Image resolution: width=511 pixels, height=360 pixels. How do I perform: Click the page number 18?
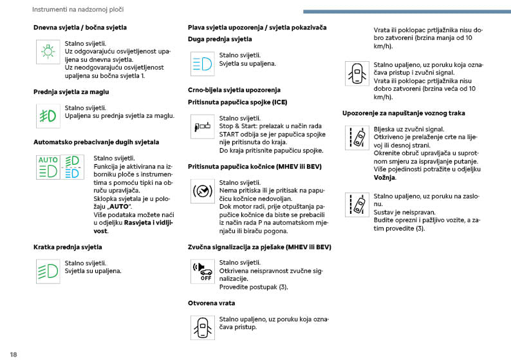coord(13,354)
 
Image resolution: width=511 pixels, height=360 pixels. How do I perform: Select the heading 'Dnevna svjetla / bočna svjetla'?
coord(80,28)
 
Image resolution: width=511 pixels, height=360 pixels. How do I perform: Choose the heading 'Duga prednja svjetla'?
coord(219,39)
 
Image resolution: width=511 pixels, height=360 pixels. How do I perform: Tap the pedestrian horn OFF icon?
coord(201,270)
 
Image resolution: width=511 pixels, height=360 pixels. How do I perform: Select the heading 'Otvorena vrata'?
coord(211,303)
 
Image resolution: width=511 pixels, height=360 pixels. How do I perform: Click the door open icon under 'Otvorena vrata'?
coord(201,327)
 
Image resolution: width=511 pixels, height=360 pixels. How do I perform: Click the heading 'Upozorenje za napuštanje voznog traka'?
coord(404,113)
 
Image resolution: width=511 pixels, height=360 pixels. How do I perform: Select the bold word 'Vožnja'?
coord(384,178)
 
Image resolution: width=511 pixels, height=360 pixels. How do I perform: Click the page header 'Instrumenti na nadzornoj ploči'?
coord(78,10)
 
